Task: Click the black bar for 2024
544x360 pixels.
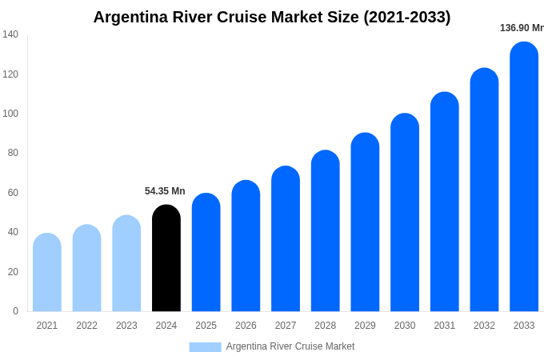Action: click(x=166, y=258)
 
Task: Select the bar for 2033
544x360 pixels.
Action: click(x=524, y=177)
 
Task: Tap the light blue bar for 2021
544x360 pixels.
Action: click(x=47, y=273)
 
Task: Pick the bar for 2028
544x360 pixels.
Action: click(x=325, y=231)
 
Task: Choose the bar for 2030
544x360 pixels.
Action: click(x=405, y=213)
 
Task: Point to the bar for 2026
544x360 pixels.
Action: click(x=246, y=246)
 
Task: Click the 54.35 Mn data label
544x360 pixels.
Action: click(x=165, y=191)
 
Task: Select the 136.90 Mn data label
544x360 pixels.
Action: click(x=521, y=28)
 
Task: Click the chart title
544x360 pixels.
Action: click(x=272, y=17)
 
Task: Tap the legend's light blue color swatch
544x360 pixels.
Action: click(x=205, y=347)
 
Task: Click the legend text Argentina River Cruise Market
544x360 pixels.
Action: click(x=290, y=346)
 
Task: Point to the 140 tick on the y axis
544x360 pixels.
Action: click(x=10, y=34)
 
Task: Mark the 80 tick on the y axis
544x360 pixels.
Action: click(x=13, y=153)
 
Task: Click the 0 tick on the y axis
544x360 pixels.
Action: click(x=15, y=311)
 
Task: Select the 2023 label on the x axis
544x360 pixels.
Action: click(x=126, y=326)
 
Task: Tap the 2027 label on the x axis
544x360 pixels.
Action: click(x=286, y=326)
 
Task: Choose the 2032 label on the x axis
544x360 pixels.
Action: click(x=484, y=326)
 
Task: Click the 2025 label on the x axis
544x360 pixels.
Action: click(x=206, y=326)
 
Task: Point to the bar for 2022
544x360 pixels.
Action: click(x=87, y=268)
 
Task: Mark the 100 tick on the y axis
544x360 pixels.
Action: click(x=10, y=114)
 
